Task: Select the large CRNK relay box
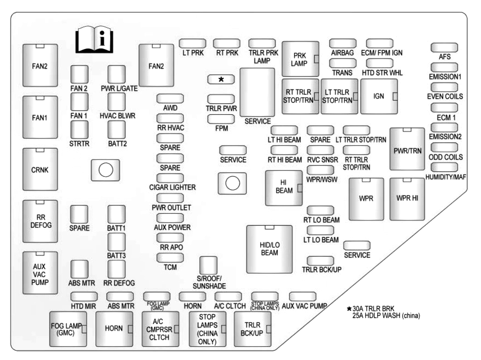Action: pyautogui.click(x=40, y=169)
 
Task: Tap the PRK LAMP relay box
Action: pyautogui.click(x=300, y=59)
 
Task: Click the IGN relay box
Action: pyautogui.click(x=379, y=96)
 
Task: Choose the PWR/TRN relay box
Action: pyautogui.click(x=407, y=149)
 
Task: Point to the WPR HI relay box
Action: pyautogui.click(x=407, y=199)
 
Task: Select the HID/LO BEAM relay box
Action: pyautogui.click(x=269, y=249)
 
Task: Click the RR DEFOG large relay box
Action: pyautogui.click(x=40, y=222)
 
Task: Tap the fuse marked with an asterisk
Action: pyautogui.click(x=221, y=80)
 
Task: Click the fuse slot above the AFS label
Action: pyautogui.click(x=444, y=48)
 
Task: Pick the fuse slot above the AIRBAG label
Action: pyautogui.click(x=343, y=43)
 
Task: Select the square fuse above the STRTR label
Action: pyautogui.click(x=80, y=129)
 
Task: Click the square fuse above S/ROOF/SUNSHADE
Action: pyautogui.click(x=208, y=265)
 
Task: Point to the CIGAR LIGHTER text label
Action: pyautogui.click(x=172, y=187)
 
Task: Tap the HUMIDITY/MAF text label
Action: pyautogui.click(x=445, y=177)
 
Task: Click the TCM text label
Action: pyautogui.click(x=170, y=267)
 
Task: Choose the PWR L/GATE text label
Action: pyautogui.click(x=119, y=89)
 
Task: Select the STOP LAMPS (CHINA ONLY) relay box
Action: pyautogui.click(x=207, y=329)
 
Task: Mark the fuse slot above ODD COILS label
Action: pyautogui.click(x=444, y=147)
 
